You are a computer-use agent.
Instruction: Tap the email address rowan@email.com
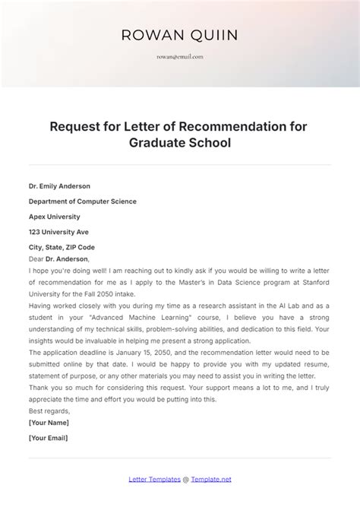pyautogui.click(x=180, y=56)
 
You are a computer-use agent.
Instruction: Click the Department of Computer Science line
pyautogui.click(x=82, y=201)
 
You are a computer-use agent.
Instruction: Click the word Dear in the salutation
pyautogui.click(x=36, y=258)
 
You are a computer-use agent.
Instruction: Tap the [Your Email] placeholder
pyautogui.click(x=49, y=439)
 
